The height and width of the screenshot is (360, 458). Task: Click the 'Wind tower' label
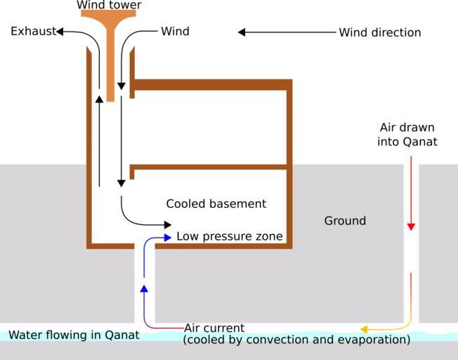109,6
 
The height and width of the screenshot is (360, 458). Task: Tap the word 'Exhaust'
33,32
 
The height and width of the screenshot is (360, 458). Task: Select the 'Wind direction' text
379,32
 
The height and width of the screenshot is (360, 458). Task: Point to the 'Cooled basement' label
216,204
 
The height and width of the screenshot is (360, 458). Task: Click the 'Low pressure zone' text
229,236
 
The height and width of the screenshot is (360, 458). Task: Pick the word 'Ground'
345,221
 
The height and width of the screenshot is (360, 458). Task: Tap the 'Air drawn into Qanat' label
408,134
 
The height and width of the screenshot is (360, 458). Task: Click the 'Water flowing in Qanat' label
74,335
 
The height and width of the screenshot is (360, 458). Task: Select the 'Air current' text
214,328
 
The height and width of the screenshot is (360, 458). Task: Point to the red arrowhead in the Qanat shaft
411,226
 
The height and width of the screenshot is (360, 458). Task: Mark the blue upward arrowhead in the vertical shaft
144,288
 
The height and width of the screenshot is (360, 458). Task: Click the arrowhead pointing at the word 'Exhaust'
60,32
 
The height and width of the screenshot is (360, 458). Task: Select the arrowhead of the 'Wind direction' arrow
242,32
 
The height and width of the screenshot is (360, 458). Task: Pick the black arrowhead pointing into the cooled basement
167,224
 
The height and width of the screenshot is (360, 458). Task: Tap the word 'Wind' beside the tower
175,32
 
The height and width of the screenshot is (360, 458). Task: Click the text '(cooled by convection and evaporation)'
296,340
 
